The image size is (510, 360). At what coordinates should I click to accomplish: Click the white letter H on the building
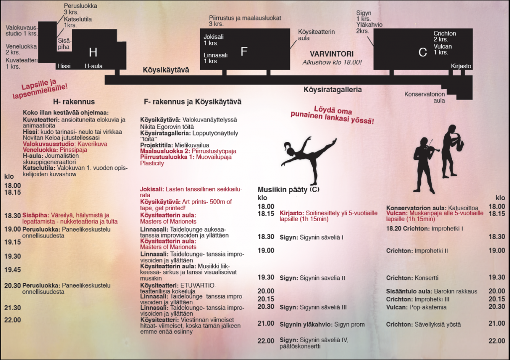pos(93,52)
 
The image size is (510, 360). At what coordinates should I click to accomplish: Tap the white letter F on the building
pos(244,51)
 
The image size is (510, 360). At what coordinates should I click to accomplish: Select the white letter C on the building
pos(423,52)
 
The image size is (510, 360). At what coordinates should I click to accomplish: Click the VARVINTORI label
pos(332,54)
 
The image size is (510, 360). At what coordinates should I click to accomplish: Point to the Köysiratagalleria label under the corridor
pos(332,90)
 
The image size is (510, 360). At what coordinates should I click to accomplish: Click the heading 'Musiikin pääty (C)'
pos(288,190)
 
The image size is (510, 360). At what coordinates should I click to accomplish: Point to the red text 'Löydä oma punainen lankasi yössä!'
pos(332,115)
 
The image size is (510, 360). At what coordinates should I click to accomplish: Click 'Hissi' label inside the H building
pos(64,66)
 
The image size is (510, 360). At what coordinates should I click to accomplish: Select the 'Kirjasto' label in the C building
pos(461,66)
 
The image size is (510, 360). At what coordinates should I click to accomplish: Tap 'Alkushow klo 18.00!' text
pos(332,62)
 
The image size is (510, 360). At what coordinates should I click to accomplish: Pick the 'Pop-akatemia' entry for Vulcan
pos(425,307)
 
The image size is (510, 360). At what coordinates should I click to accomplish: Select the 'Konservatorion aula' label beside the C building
pos(424,97)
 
